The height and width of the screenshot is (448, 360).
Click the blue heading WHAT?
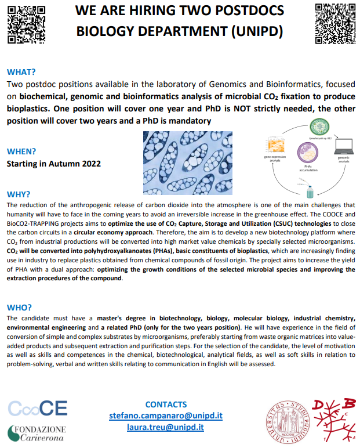pyautogui.click(x=21, y=73)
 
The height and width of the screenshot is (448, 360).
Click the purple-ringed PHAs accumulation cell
pyautogui.click(x=306, y=153)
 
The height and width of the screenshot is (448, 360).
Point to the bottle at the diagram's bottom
pyautogui.click(x=310, y=190)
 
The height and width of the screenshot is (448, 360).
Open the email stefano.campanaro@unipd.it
pyautogui.click(x=166, y=416)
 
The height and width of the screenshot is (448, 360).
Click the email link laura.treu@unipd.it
pyautogui.click(x=166, y=428)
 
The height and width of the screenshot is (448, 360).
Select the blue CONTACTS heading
pyautogui.click(x=166, y=404)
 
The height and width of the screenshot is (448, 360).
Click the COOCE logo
pyautogui.click(x=38, y=407)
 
